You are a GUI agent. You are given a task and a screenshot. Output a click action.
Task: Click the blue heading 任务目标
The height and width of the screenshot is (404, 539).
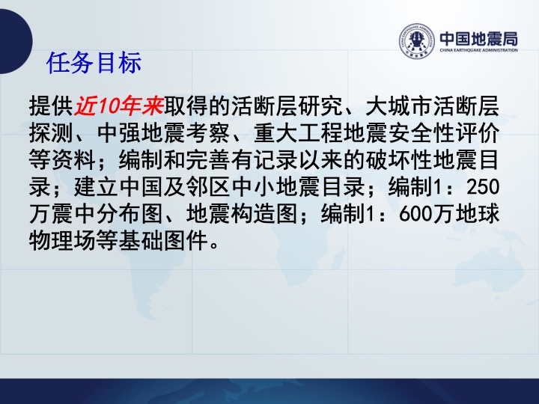(x=94, y=63)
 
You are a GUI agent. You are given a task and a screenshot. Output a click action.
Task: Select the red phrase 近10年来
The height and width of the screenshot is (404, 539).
(x=119, y=106)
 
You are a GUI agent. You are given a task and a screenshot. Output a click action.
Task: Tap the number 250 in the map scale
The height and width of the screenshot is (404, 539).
(x=483, y=187)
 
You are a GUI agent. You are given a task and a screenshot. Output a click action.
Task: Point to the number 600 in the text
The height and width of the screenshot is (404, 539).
(x=415, y=214)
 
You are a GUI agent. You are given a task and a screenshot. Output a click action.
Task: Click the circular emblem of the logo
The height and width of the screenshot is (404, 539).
(x=417, y=41)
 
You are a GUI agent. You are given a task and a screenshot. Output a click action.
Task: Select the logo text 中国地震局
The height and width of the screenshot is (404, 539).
(x=479, y=38)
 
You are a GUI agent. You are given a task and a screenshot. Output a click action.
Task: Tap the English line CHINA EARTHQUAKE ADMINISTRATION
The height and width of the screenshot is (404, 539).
(x=479, y=50)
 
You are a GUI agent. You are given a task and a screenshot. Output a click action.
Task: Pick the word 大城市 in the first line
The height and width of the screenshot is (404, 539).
(x=398, y=106)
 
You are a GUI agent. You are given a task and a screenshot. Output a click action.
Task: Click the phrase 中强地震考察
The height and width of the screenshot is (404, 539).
(x=163, y=133)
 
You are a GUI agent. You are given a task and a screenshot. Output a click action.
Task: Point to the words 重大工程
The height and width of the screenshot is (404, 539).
(x=298, y=133)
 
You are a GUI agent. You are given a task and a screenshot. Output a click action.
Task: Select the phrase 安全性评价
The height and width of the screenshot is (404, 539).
(x=444, y=133)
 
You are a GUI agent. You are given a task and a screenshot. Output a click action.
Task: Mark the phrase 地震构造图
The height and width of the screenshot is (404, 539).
(x=242, y=214)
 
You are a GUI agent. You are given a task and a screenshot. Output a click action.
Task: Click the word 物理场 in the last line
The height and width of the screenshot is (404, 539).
(x=62, y=241)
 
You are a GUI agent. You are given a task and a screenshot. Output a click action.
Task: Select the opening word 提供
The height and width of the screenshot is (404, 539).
(x=51, y=106)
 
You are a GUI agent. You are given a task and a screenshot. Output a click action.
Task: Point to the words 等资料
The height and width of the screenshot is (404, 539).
(x=62, y=160)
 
